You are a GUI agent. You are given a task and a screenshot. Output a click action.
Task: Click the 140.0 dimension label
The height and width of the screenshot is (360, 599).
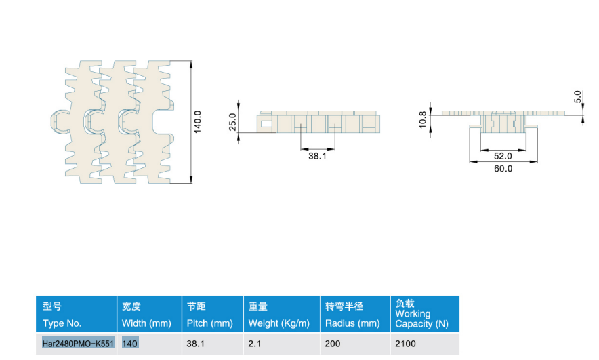(197, 122)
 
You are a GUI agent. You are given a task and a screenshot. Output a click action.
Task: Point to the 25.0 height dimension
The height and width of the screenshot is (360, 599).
(232, 121)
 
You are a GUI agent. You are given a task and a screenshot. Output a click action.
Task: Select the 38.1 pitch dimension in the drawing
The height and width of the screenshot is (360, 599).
(317, 156)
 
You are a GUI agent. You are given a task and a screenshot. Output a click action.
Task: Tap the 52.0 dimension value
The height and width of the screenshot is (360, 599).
(503, 156)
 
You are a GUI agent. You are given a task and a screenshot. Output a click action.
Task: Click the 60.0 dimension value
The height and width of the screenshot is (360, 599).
(503, 169)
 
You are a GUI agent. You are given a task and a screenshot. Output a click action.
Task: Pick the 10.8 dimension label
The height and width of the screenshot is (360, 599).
(423, 119)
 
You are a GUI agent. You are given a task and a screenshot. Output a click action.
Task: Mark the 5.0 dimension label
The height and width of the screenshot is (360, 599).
(577, 97)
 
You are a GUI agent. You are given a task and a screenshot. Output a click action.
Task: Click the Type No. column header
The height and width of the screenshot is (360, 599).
(62, 323)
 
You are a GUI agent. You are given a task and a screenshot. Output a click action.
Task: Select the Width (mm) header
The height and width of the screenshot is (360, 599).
(146, 323)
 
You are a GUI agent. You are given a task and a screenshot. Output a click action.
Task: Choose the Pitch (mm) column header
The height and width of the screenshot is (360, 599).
(210, 323)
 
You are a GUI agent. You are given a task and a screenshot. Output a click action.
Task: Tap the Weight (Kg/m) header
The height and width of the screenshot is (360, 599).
(279, 323)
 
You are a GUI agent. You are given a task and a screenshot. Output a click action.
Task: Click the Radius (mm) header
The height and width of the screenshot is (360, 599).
(352, 323)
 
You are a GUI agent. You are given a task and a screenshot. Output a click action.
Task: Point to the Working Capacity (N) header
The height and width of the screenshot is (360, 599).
(421, 319)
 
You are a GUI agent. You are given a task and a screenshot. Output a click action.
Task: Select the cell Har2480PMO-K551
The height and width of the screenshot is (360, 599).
(78, 344)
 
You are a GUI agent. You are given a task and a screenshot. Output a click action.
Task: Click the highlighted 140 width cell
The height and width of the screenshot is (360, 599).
(129, 344)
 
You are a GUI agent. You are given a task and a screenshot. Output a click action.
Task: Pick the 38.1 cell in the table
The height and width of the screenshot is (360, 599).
(196, 344)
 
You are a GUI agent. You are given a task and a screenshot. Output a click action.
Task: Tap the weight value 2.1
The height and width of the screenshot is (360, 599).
(254, 344)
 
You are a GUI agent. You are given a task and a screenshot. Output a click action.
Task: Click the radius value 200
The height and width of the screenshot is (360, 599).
(332, 344)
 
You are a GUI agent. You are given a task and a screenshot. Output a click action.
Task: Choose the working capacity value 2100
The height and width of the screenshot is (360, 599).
(405, 344)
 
